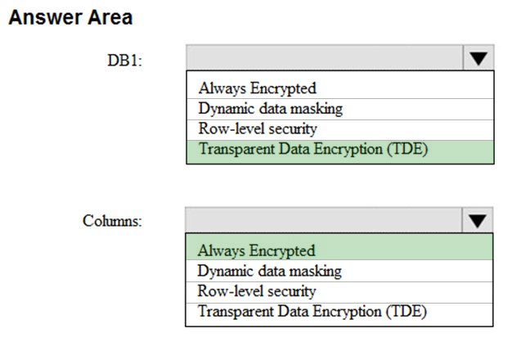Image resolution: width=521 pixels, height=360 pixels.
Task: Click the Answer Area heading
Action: coord(70,17)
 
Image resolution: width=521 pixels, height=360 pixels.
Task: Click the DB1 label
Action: coord(124,61)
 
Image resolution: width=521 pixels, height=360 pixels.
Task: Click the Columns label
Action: coord(112,221)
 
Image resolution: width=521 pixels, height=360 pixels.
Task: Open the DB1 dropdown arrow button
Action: coord(478,58)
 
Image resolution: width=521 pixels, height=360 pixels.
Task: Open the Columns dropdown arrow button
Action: coord(477,220)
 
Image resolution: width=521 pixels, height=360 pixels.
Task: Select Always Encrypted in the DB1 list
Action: coord(257,88)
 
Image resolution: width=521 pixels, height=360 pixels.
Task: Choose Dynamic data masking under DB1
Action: coord(271,108)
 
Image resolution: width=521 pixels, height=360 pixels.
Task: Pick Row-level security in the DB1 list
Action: coord(258,128)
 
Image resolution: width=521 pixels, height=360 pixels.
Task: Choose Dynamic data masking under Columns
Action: coord(269,271)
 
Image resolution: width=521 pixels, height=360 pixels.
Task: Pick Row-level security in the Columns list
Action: coord(257,290)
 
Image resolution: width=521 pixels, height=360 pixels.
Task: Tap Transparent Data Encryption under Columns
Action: coord(312,312)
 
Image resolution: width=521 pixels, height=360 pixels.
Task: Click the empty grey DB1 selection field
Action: coord(325,58)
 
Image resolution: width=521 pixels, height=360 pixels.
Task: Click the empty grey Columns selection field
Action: coord(324,220)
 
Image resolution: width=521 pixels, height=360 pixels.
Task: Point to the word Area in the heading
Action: coord(110,17)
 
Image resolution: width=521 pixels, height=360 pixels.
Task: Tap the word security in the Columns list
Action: coord(292,291)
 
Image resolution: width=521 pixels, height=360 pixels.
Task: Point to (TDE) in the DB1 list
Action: coord(407,149)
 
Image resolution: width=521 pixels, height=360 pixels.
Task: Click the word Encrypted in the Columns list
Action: coord(282,250)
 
